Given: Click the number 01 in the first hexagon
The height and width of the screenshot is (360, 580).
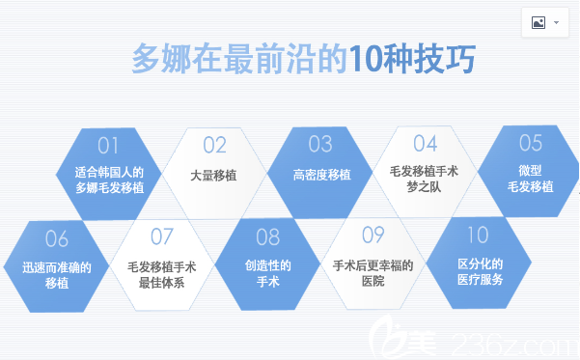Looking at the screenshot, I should click(x=108, y=146).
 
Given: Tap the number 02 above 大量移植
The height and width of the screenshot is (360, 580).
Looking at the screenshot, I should click(x=214, y=146).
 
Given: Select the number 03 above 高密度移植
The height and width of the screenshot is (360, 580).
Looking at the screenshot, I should click(x=320, y=145).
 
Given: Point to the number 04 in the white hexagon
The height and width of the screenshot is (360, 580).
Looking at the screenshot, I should click(x=426, y=144).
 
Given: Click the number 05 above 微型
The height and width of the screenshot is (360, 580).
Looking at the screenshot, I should click(x=531, y=144).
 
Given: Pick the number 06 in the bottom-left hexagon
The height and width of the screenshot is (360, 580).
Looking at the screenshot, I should click(x=57, y=238).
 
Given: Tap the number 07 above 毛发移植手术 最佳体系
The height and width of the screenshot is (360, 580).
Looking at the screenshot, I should click(x=162, y=236).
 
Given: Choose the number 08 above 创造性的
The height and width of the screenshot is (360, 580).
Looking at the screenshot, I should click(x=267, y=236).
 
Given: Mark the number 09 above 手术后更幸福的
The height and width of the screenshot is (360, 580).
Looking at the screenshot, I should click(x=373, y=235).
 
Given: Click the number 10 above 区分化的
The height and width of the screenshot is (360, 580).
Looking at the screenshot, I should click(x=478, y=235).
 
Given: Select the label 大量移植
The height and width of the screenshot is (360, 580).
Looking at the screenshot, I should click(x=214, y=175).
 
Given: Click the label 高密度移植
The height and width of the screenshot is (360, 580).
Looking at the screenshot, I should click(x=321, y=175).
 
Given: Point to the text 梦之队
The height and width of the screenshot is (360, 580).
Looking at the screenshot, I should click(x=425, y=186).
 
